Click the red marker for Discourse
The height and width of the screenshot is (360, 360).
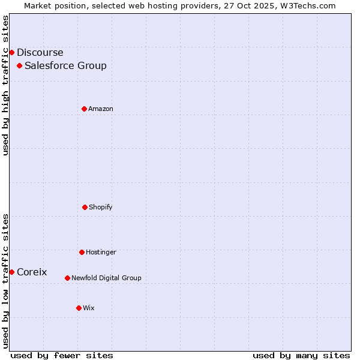[11, 52]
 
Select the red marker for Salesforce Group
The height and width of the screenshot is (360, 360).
[19, 65]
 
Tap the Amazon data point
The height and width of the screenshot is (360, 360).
[84, 109]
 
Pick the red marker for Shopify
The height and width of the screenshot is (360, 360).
[85, 207]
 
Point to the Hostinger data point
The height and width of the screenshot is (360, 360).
[82, 252]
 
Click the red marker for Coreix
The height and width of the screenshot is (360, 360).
[11, 272]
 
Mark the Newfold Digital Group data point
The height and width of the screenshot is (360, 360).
[67, 278]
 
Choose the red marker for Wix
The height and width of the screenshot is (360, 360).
[79, 308]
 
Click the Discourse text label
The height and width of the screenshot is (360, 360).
[40, 53]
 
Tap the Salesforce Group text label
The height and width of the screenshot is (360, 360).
[65, 66]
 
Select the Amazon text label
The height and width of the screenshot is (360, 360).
[101, 109]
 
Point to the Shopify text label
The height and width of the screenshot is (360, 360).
[101, 208]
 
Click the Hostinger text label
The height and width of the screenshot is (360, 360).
[101, 253]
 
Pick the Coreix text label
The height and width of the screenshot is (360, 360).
[32, 272]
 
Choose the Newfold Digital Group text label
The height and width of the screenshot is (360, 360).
[106, 278]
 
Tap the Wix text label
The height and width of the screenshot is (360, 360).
[89, 308]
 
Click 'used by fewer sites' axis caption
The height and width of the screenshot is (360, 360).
[62, 355]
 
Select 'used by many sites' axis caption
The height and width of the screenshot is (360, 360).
[301, 355]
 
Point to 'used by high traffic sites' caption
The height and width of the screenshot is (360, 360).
[5, 85]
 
